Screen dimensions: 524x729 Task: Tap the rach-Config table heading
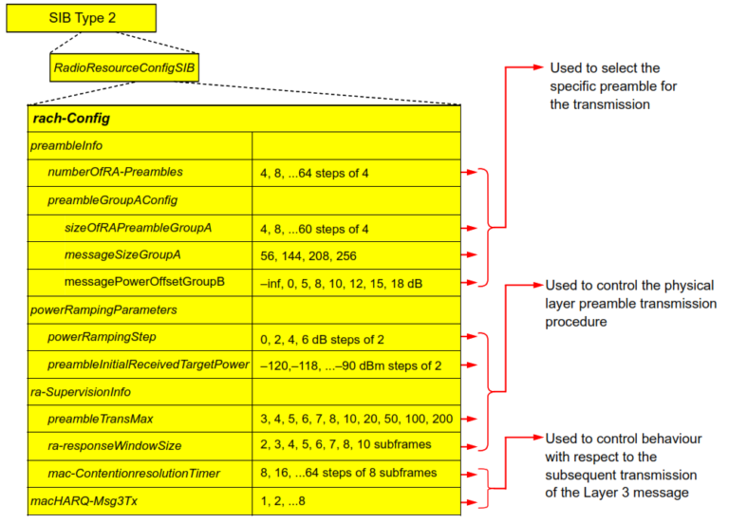click(x=71, y=119)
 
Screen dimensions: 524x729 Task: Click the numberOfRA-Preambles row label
click(x=116, y=173)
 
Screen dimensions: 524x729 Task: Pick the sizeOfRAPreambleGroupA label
click(x=138, y=228)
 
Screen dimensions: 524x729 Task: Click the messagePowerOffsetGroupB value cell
click(x=354, y=283)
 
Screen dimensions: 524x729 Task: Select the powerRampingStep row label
click(x=103, y=337)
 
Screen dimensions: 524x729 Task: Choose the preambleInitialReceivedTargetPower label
click(x=148, y=365)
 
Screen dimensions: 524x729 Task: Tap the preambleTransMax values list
click(x=355, y=419)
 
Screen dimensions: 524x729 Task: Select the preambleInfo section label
click(x=66, y=145)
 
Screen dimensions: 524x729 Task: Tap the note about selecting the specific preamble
click(x=605, y=86)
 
